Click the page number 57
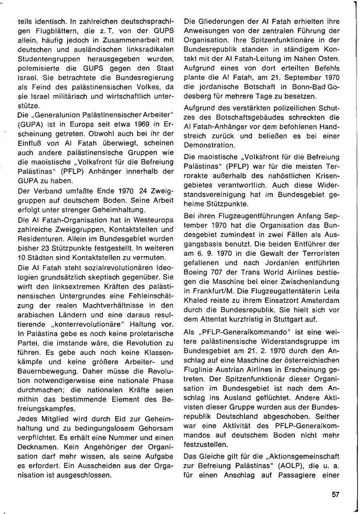[335, 494]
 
